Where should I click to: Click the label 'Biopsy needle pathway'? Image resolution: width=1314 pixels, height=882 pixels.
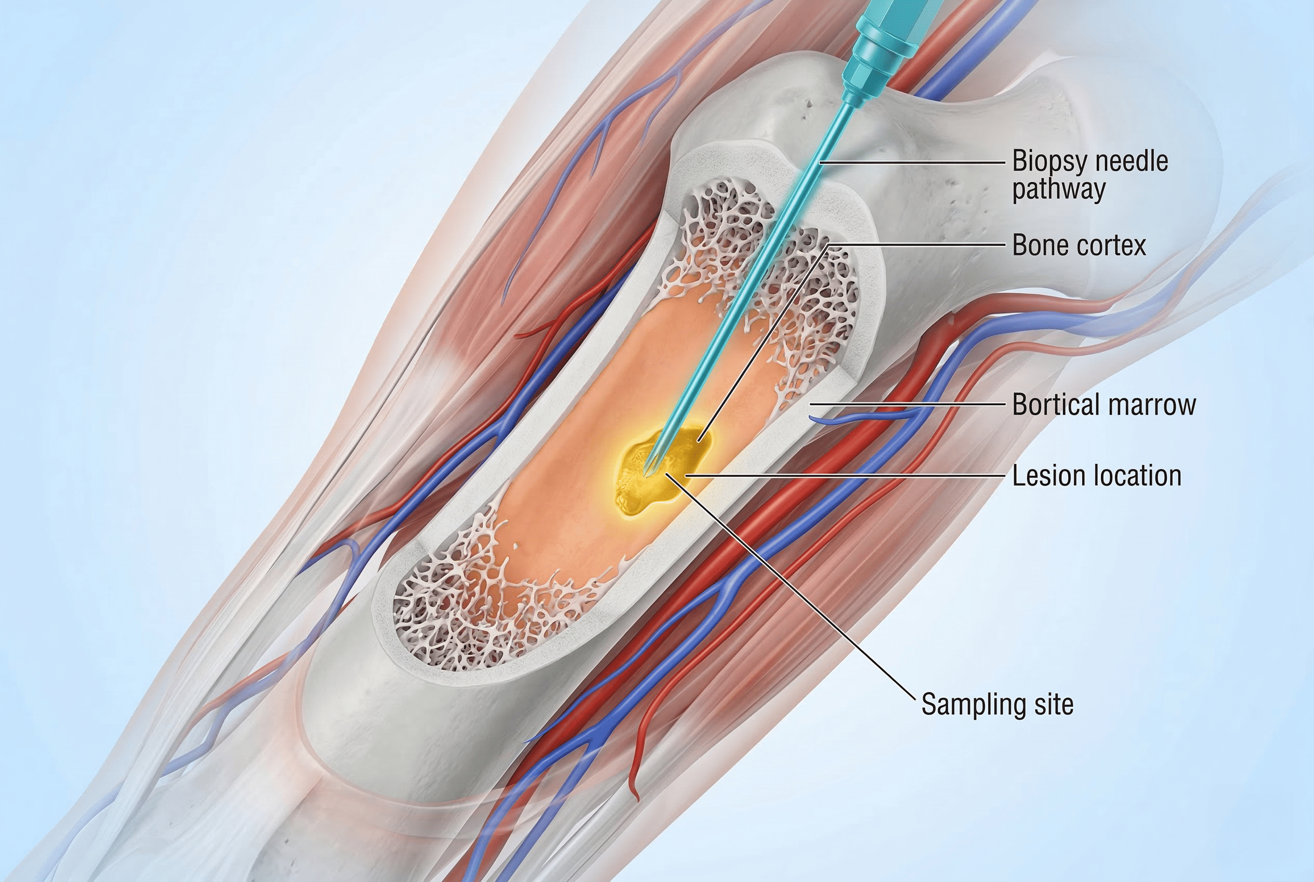point(1090,175)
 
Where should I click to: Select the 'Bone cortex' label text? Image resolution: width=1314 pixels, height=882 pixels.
point(1079,246)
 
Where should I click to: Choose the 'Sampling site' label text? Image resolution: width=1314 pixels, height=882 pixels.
point(997,705)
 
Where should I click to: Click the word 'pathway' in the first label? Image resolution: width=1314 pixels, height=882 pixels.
point(1059,190)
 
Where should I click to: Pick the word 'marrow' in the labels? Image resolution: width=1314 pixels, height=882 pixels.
point(1152,405)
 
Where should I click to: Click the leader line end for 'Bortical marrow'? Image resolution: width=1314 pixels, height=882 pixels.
point(811,404)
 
